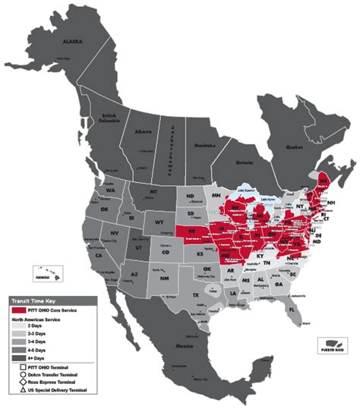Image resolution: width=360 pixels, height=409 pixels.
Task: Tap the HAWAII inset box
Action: (x=46, y=271)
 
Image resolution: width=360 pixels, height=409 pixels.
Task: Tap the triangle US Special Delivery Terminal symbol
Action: (x=17, y=389)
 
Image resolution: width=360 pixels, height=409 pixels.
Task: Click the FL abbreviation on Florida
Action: (x=292, y=310)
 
